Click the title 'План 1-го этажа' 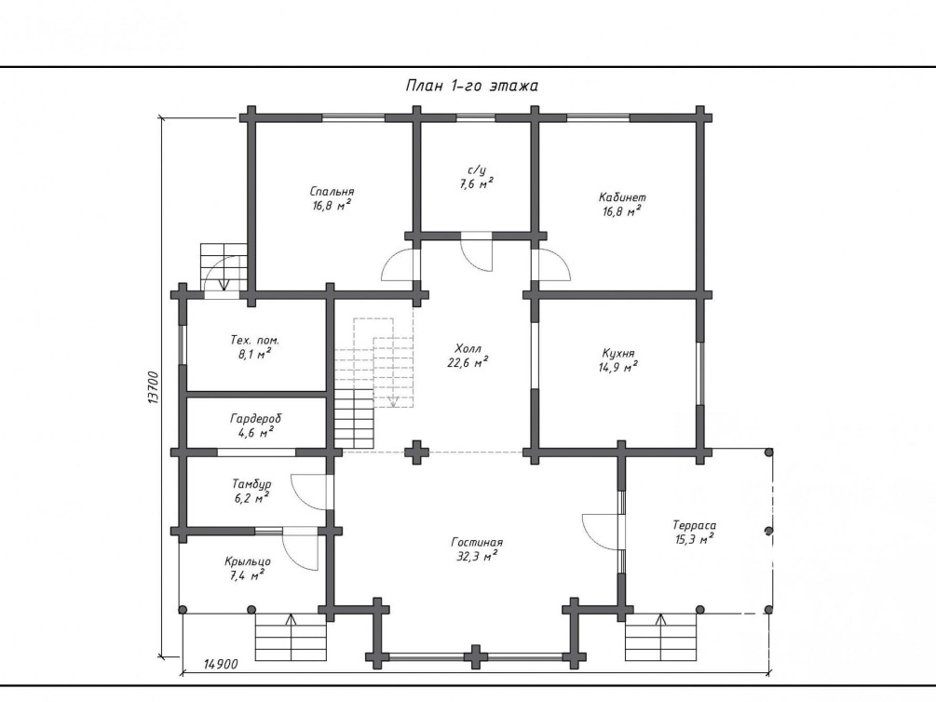pyautogui.click(x=471, y=86)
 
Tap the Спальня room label pyautogui.click(x=332, y=192)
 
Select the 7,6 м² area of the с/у pyautogui.click(x=476, y=183)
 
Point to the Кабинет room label pyautogui.click(x=622, y=197)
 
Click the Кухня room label pyautogui.click(x=617, y=353)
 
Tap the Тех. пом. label pyautogui.click(x=255, y=340)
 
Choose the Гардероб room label pyautogui.click(x=255, y=418)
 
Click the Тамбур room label pyautogui.click(x=251, y=484)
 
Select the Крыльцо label pyautogui.click(x=248, y=561)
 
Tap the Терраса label pyautogui.click(x=694, y=525)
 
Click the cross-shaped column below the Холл pyautogui.click(x=416, y=452)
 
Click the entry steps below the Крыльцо pyautogui.click(x=291, y=637)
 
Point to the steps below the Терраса pyautogui.click(x=661, y=637)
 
